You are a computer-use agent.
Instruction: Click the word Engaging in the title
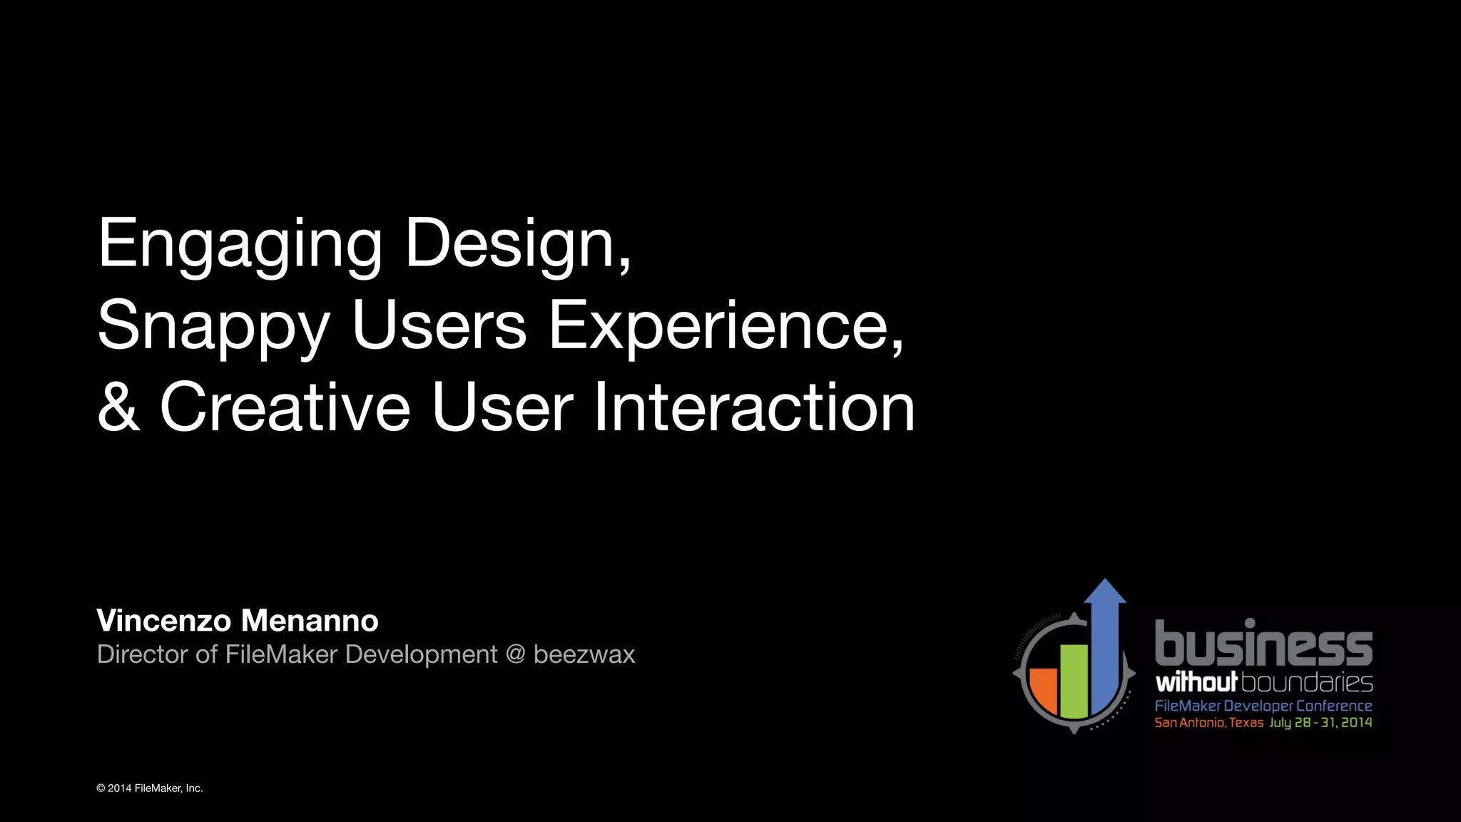coord(240,245)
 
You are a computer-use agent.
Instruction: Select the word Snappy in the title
coord(213,326)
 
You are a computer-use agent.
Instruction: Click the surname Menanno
coord(310,621)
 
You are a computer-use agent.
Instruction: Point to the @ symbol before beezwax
coord(515,654)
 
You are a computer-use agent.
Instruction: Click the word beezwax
coord(584,654)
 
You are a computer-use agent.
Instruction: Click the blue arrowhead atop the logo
coord(1104,592)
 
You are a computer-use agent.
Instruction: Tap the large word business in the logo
coord(1263,643)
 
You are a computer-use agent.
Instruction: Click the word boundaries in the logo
coord(1307,682)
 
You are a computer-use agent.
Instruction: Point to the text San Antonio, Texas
coord(1208,723)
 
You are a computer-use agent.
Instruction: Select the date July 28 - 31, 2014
coord(1320,723)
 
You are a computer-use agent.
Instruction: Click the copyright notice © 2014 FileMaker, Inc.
coord(150,788)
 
